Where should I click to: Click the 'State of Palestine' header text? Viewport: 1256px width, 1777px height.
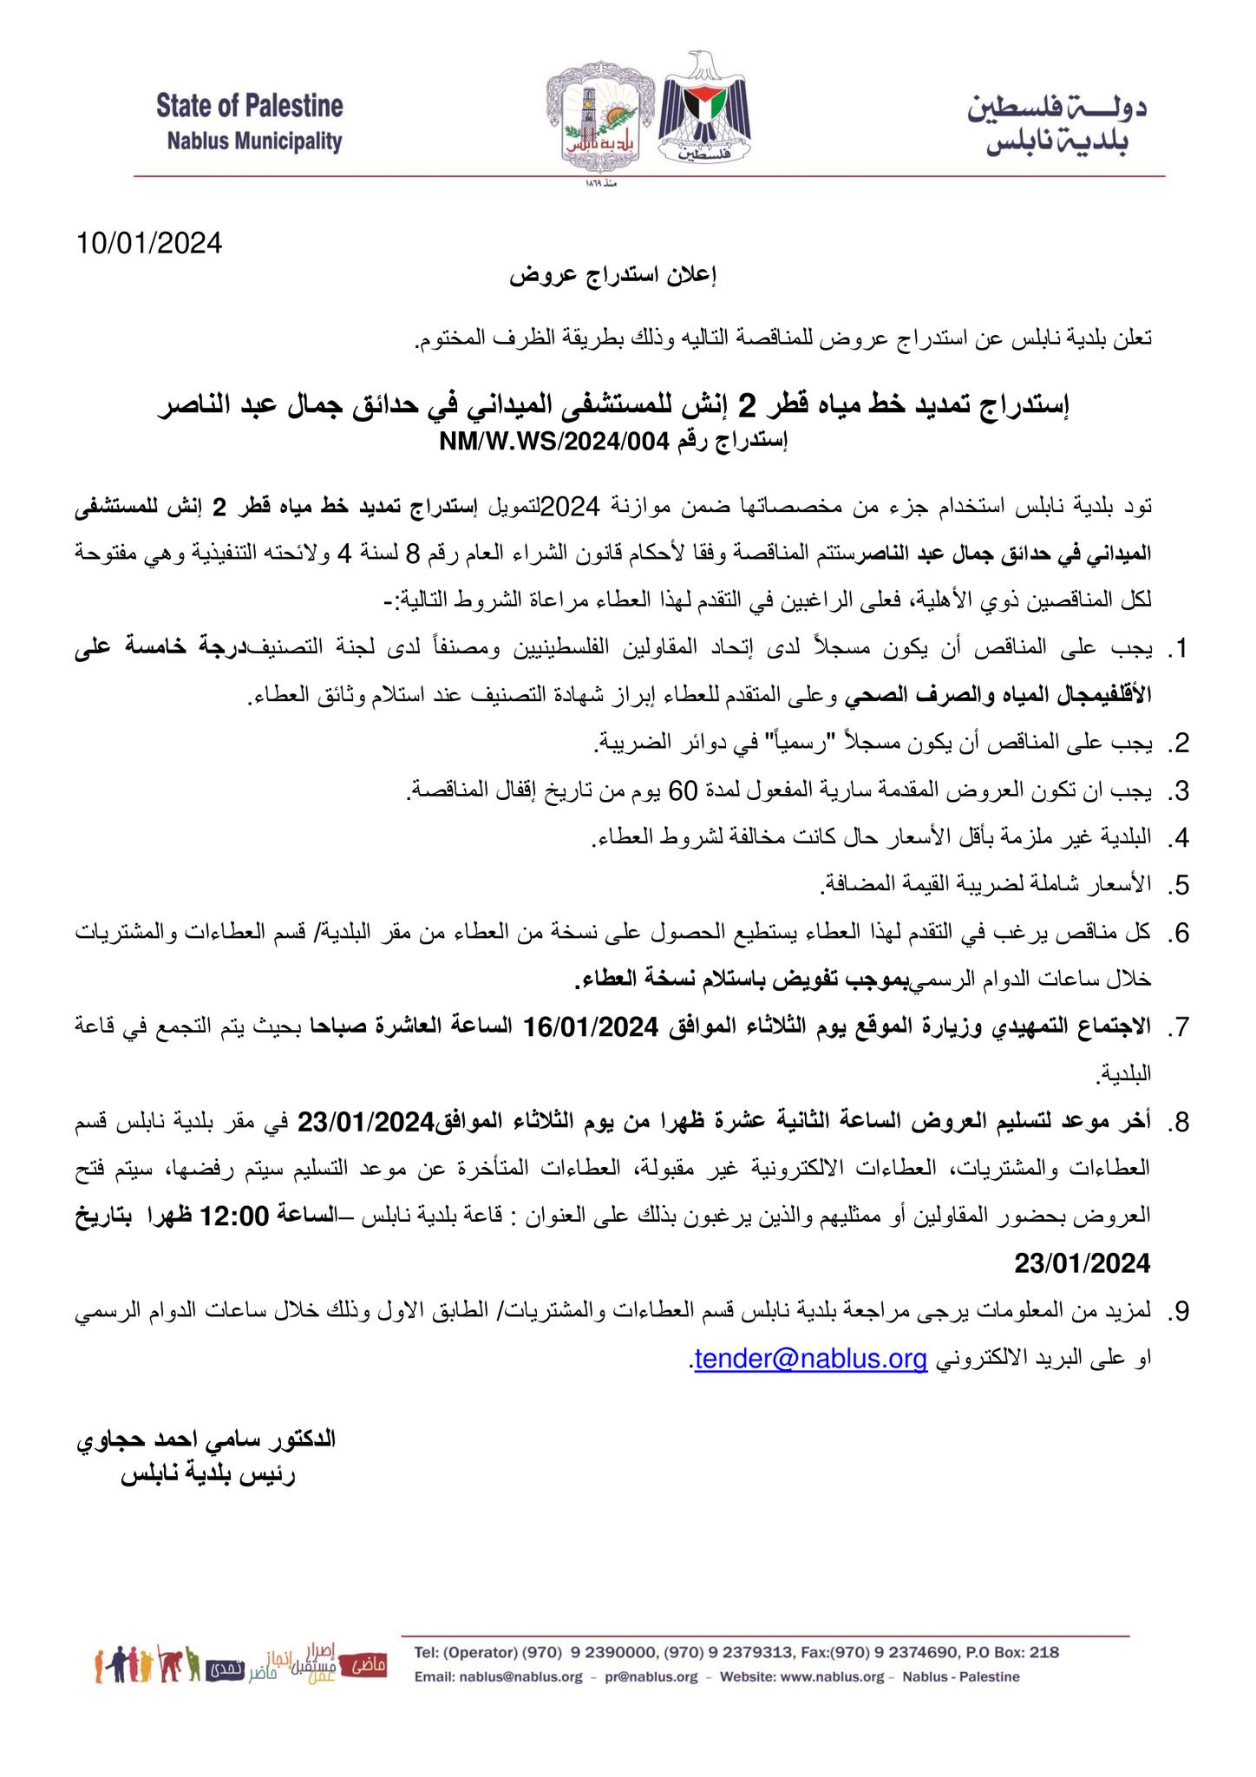[x=250, y=108]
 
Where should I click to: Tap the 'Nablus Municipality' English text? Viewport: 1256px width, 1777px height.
[x=255, y=141]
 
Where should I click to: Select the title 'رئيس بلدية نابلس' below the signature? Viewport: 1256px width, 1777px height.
[x=208, y=1475]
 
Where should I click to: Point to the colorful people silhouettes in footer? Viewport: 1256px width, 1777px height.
[x=147, y=1663]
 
